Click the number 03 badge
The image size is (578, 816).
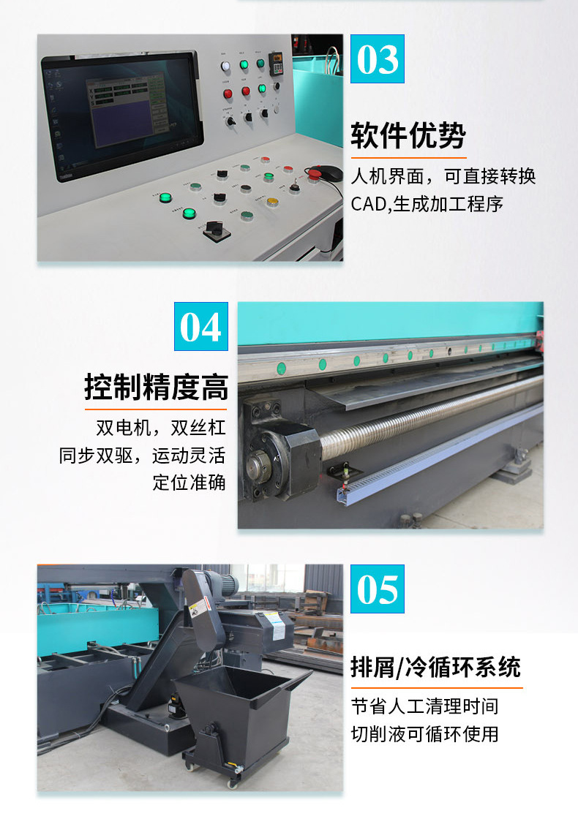378,59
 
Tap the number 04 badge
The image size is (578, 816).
200,327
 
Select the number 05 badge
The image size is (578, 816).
378,589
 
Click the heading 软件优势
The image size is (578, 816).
408,135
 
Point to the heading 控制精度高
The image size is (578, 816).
156,387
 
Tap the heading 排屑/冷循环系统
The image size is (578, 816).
436,668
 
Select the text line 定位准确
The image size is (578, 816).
189,483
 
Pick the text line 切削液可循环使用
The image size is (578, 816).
424,733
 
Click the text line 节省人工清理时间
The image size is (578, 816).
424,706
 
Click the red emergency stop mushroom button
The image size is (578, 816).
314,173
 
